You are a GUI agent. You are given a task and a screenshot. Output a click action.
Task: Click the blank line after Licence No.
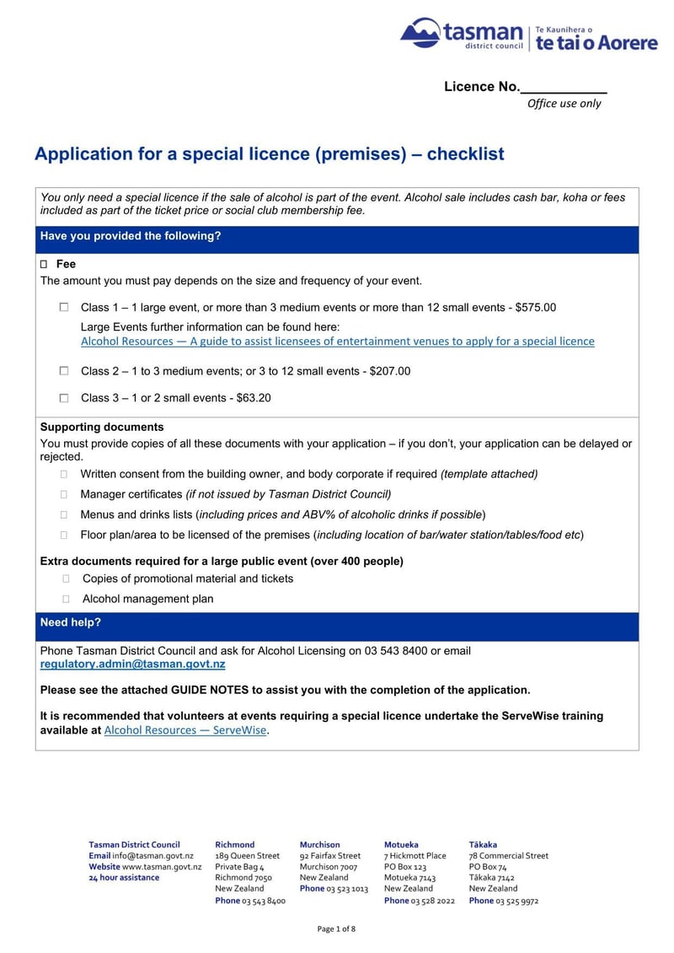(564, 88)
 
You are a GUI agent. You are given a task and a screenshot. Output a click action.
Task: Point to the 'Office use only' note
(564, 104)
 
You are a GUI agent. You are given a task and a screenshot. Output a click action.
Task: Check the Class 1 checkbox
(64, 308)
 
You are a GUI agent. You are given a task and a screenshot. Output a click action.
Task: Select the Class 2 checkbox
(64, 371)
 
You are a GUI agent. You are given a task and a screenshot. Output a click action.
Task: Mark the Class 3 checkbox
(64, 398)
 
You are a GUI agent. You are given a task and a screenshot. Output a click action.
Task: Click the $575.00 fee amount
(535, 308)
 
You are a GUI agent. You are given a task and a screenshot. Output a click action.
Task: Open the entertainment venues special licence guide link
(337, 342)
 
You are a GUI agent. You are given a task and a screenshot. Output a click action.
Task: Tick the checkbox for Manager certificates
(64, 494)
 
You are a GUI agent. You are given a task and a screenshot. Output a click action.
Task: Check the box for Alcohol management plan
(66, 599)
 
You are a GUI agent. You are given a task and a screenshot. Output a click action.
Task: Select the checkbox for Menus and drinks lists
(64, 514)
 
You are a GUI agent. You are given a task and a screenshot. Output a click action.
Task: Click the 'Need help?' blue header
(71, 622)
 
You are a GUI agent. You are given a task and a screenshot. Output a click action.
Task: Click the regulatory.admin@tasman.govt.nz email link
(132, 665)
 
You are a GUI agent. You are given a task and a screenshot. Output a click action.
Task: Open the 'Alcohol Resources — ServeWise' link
(185, 730)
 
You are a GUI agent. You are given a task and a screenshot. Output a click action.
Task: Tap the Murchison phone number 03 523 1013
(347, 889)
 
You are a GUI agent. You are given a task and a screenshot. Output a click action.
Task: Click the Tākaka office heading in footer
(483, 844)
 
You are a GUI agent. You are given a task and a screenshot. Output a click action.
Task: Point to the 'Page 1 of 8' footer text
(336, 929)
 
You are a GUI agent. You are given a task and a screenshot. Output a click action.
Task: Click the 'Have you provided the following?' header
(131, 236)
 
